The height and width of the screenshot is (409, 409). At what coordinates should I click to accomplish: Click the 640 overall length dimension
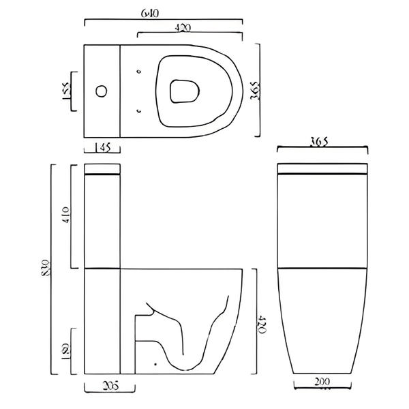pyautogui.click(x=164, y=12)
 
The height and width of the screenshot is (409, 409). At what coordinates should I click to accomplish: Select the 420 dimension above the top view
pyautogui.click(x=190, y=28)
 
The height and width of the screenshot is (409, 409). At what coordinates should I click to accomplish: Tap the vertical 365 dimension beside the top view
pyautogui.click(x=254, y=89)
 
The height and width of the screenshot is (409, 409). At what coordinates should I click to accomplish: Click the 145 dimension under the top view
pyautogui.click(x=102, y=147)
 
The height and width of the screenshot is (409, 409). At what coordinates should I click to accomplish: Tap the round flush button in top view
pyautogui.click(x=101, y=90)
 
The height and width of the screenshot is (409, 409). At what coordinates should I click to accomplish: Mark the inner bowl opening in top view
pyautogui.click(x=182, y=91)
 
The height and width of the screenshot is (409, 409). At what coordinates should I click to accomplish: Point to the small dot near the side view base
pyautogui.click(x=156, y=364)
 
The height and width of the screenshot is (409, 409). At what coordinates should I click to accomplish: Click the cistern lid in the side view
pyautogui.click(x=102, y=169)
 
